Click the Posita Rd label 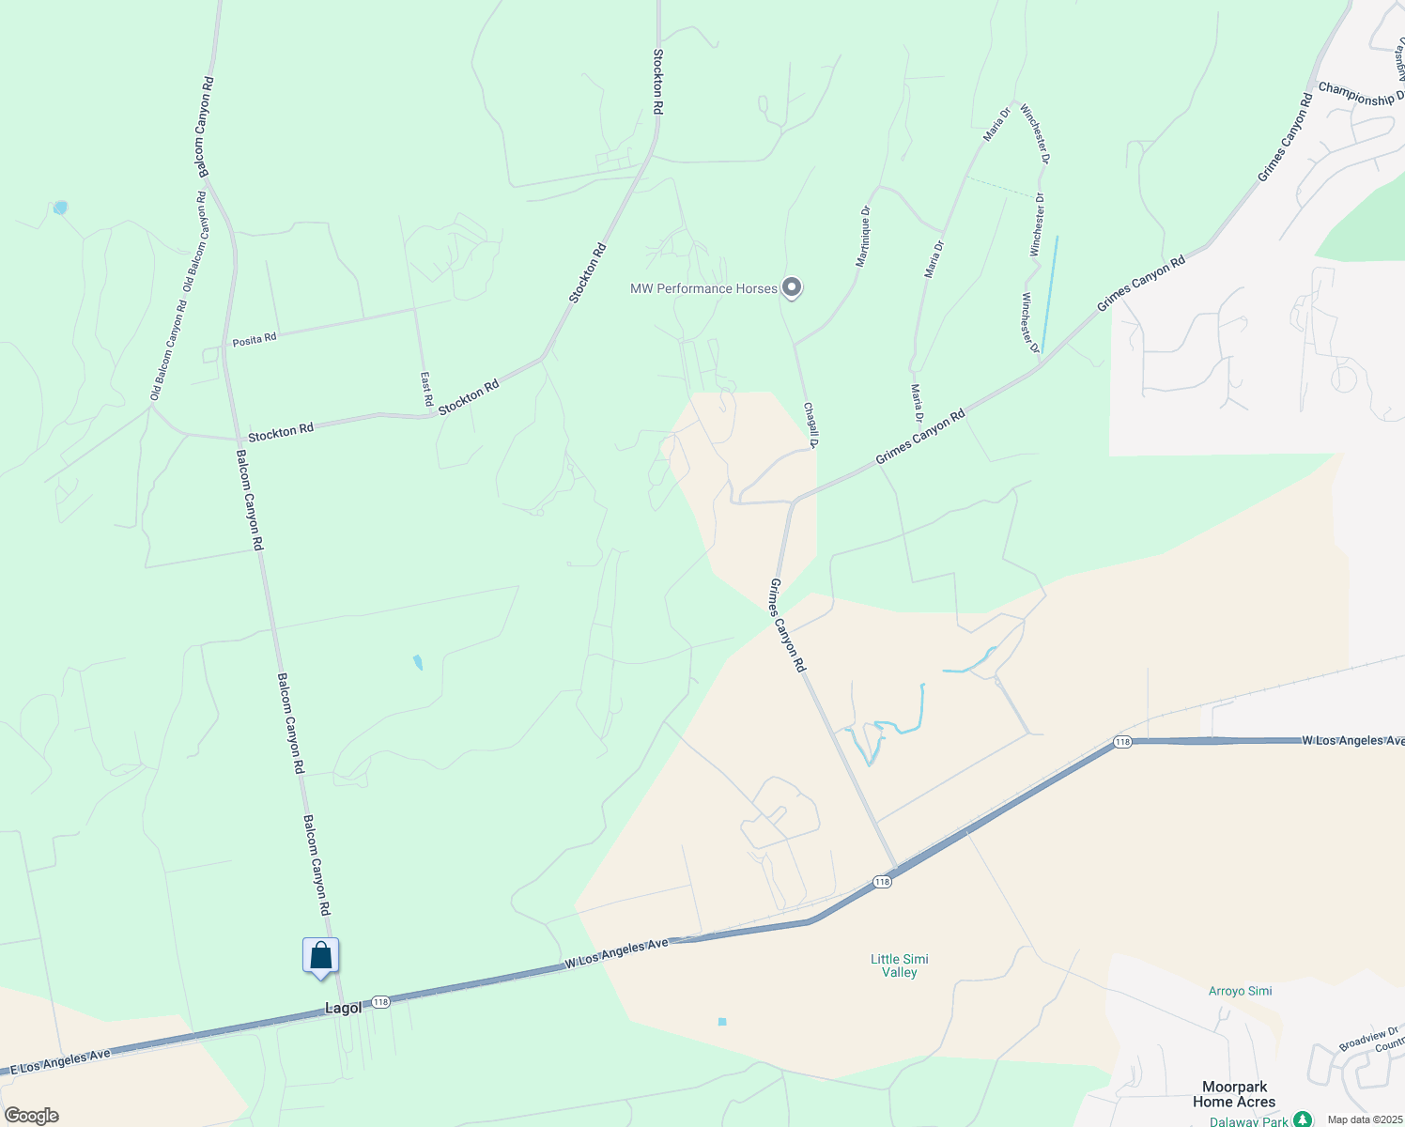click(255, 339)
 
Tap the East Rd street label click(426, 389)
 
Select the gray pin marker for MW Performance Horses click(792, 286)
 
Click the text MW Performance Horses click(703, 288)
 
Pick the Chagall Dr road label click(811, 425)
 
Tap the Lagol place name click(343, 1008)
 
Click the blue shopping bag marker click(321, 956)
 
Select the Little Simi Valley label click(899, 965)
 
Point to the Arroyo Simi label click(1240, 991)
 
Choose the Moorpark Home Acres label click(1234, 1094)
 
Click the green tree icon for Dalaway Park click(1303, 1119)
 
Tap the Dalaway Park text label click(1249, 1121)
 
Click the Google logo click(31, 1116)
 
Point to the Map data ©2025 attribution click(1364, 1119)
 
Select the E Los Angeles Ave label click(59, 1061)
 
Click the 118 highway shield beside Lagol click(379, 1001)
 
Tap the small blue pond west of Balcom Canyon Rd click(60, 208)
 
